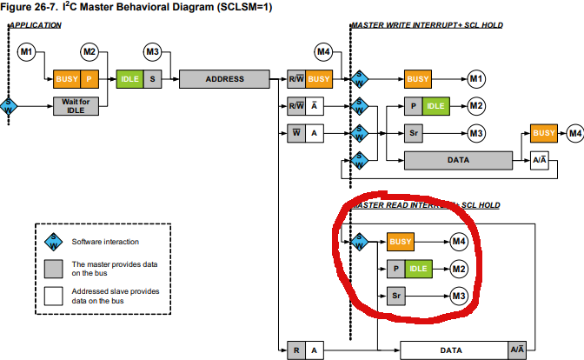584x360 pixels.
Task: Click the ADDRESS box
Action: click(224, 79)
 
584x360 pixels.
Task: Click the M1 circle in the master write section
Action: click(475, 79)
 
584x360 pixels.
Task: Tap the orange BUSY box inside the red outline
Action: click(401, 241)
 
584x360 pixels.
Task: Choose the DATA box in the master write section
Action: click(458, 160)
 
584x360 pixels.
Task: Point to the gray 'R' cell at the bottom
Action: click(295, 350)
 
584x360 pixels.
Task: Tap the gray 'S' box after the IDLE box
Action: click(152, 79)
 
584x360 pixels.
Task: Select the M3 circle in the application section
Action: click(153, 52)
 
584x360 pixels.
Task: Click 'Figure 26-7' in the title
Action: click(30, 8)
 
